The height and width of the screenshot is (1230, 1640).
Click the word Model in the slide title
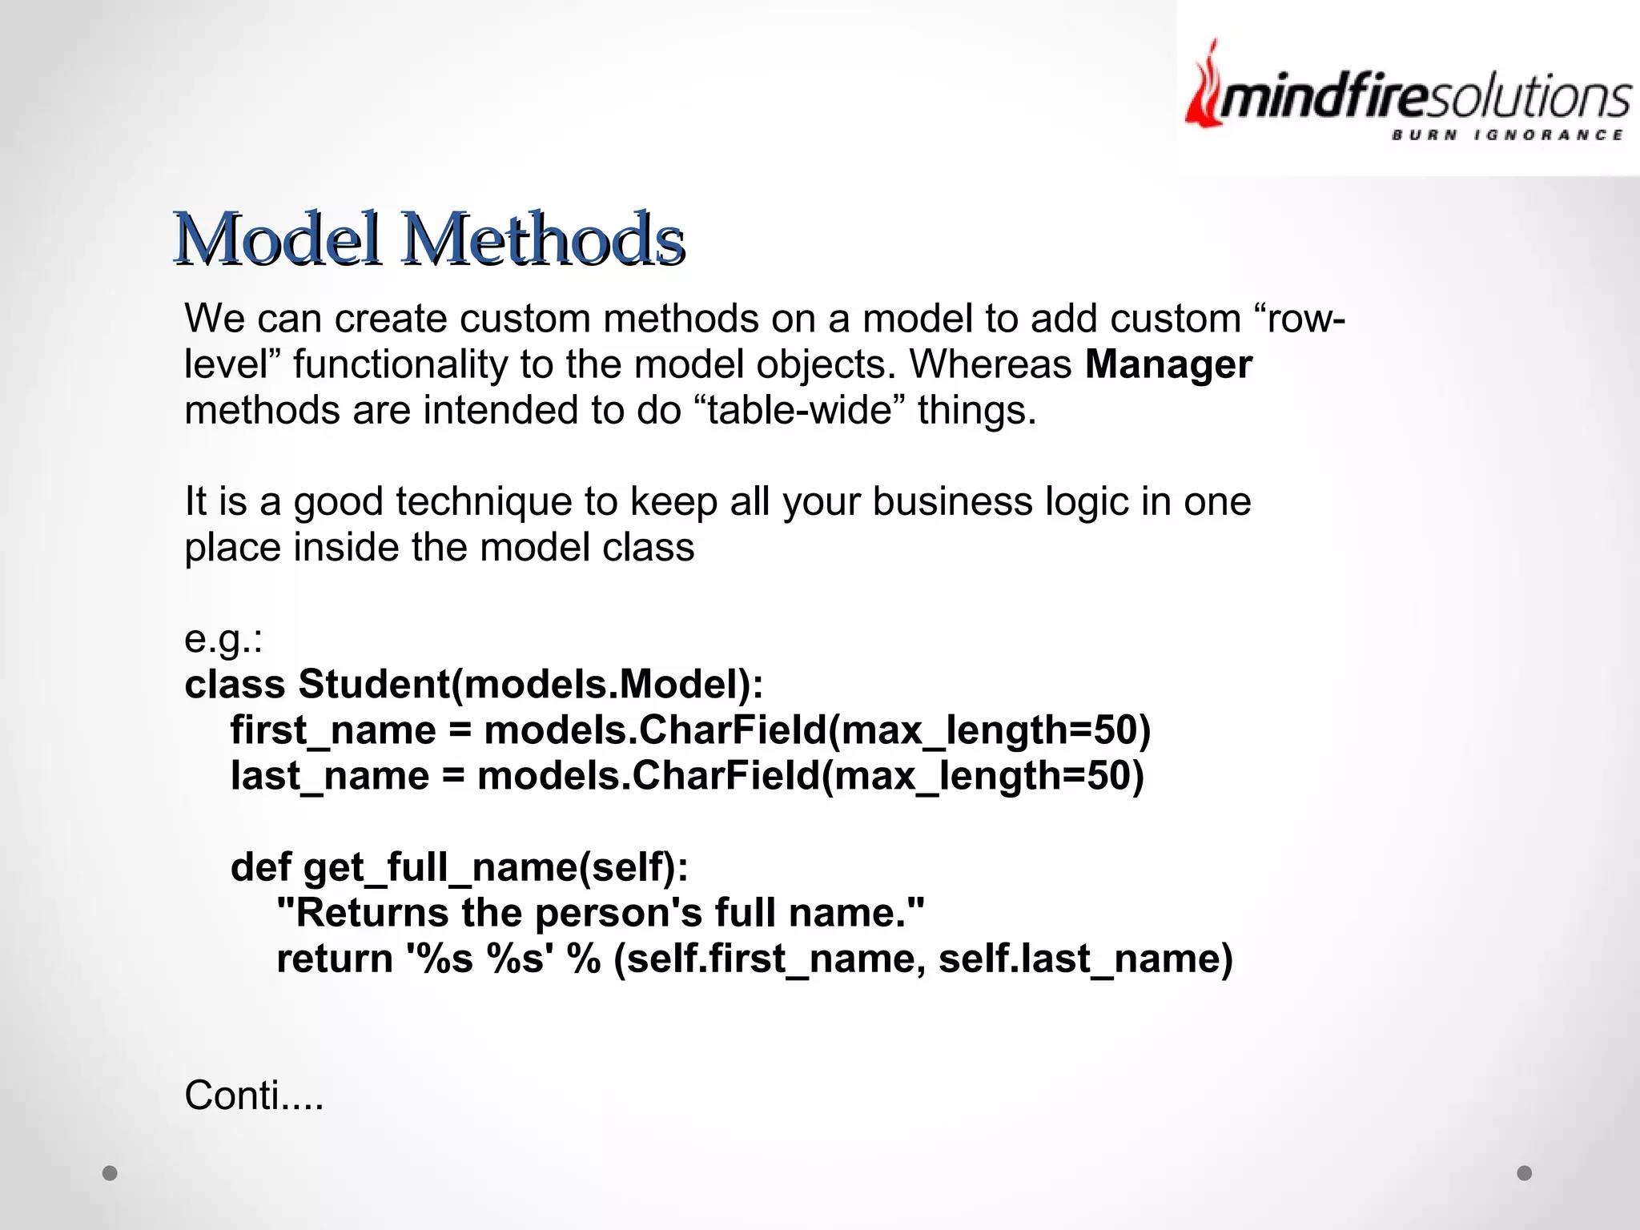276,239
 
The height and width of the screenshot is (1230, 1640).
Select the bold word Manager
1168,364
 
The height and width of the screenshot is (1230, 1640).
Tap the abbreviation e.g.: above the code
223,639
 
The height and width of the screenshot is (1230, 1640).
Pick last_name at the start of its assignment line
330,776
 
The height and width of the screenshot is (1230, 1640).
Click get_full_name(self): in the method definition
496,867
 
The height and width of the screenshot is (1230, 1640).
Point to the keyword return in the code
334,959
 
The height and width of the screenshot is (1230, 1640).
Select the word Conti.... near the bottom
254,1095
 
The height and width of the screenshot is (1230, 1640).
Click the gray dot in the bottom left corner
111,1173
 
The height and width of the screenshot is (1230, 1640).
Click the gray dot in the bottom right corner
1525,1173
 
